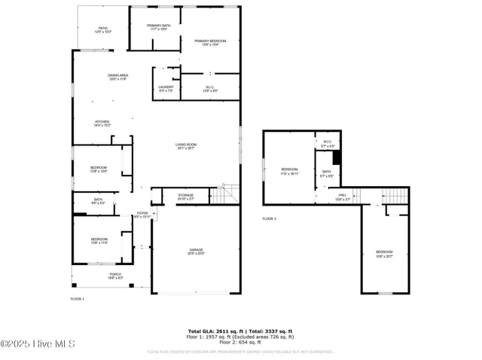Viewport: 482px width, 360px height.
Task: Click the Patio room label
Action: click(103, 30)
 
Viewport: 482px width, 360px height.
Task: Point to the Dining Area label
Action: click(118, 77)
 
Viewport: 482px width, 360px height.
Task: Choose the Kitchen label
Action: click(102, 123)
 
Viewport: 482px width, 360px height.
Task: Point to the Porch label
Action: click(115, 276)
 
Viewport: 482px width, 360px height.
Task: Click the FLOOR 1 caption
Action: click(78, 299)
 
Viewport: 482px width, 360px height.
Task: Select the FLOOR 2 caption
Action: click(270, 218)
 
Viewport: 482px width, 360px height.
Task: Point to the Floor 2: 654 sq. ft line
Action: click(240, 342)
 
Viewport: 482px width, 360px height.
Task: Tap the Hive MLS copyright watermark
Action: click(38, 344)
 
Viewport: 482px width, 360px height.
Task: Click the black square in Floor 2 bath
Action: click(337, 157)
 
